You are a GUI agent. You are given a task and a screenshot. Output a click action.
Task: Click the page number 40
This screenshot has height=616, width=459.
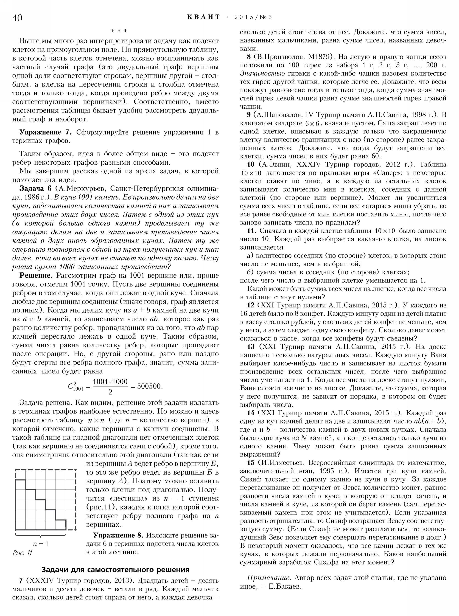coord(17,18)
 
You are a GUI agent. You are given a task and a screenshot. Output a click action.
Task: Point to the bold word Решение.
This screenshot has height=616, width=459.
coord(36,276)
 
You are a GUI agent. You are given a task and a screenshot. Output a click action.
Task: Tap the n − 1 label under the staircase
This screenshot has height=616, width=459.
coord(41,544)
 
